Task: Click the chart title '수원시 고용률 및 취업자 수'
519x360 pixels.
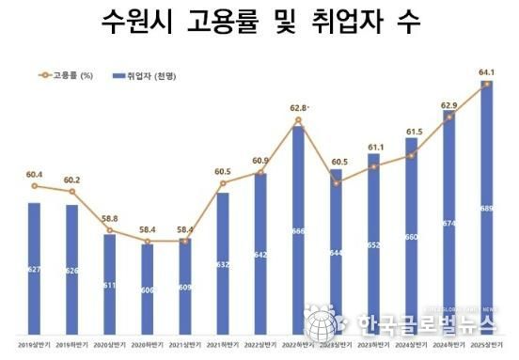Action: click(x=259, y=22)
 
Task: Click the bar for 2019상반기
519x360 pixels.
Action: click(x=34, y=268)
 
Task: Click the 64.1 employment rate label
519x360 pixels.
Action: click(x=486, y=71)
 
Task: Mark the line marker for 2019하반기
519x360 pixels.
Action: click(x=71, y=192)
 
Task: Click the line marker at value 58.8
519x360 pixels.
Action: click(x=109, y=230)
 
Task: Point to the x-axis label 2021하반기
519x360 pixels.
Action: click(x=222, y=344)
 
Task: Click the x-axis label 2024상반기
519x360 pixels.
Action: click(x=411, y=344)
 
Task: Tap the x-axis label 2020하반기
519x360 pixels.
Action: click(x=147, y=344)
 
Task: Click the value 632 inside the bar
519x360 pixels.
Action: click(x=222, y=264)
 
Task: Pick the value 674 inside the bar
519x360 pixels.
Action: click(x=448, y=223)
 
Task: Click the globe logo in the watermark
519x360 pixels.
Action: click(x=322, y=325)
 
